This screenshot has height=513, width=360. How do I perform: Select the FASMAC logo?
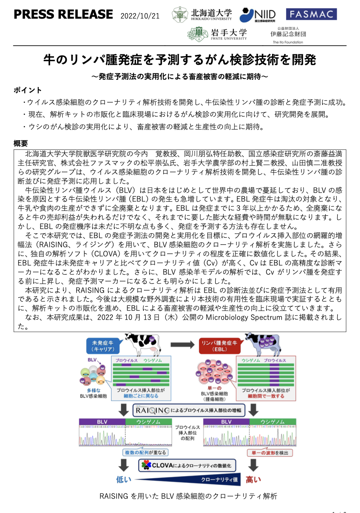311,14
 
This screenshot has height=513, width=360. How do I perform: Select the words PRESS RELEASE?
63,15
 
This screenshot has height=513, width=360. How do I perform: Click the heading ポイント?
27,90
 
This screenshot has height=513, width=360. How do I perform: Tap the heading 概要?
20,144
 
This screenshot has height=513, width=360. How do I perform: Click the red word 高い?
253,480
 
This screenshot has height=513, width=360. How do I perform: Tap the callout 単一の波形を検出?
270,452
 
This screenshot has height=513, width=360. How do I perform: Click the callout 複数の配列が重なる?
144,452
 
